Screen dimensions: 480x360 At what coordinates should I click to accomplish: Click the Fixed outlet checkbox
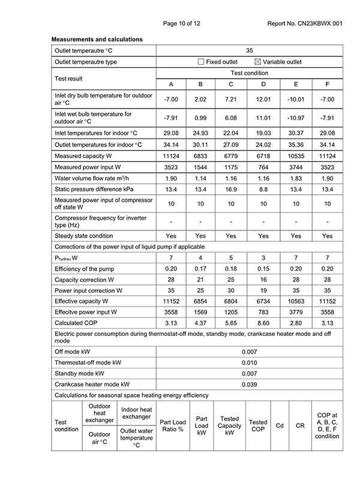[x=201, y=62]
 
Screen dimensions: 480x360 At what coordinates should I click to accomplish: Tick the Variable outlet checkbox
[x=259, y=62]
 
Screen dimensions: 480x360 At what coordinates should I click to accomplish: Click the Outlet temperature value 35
[x=249, y=51]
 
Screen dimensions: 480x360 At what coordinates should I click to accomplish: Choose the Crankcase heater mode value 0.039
[x=249, y=385]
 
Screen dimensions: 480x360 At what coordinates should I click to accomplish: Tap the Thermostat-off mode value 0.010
[x=249, y=363]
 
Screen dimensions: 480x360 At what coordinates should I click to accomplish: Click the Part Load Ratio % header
[x=173, y=426]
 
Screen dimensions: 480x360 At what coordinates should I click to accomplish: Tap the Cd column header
[x=279, y=426]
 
